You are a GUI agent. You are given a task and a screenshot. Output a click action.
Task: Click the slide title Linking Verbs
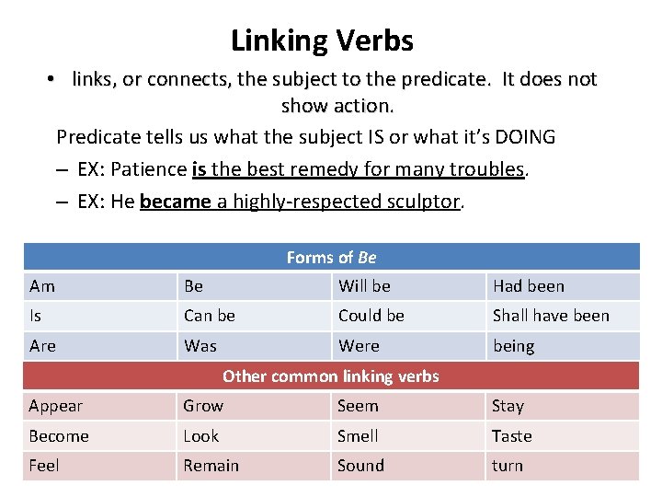[x=322, y=40]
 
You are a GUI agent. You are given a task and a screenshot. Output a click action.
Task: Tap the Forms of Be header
[x=331, y=258]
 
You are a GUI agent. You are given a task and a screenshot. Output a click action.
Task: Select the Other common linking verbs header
[x=331, y=376]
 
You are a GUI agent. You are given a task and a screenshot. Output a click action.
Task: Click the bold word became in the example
[x=175, y=202]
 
